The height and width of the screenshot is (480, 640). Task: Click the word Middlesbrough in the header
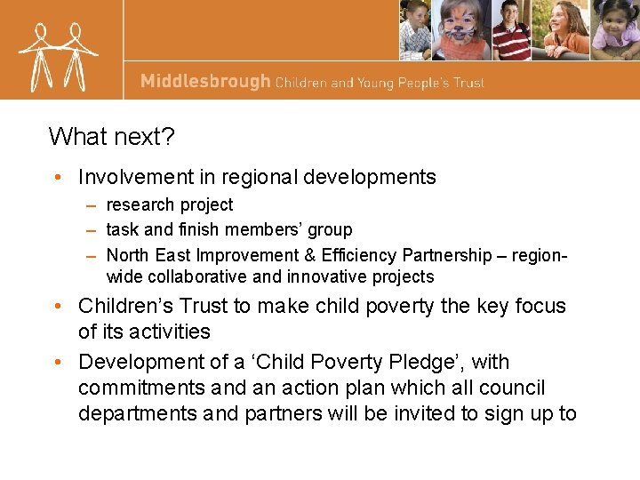pyautogui.click(x=204, y=82)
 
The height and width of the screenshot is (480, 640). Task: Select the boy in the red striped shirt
pyautogui.click(x=510, y=30)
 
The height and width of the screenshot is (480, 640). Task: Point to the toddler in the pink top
pyautogui.click(x=615, y=32)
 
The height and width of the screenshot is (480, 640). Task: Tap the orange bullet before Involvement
pyautogui.click(x=58, y=178)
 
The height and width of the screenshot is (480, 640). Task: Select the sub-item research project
pyautogui.click(x=169, y=205)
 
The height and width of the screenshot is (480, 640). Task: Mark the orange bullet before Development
pyautogui.click(x=58, y=363)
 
